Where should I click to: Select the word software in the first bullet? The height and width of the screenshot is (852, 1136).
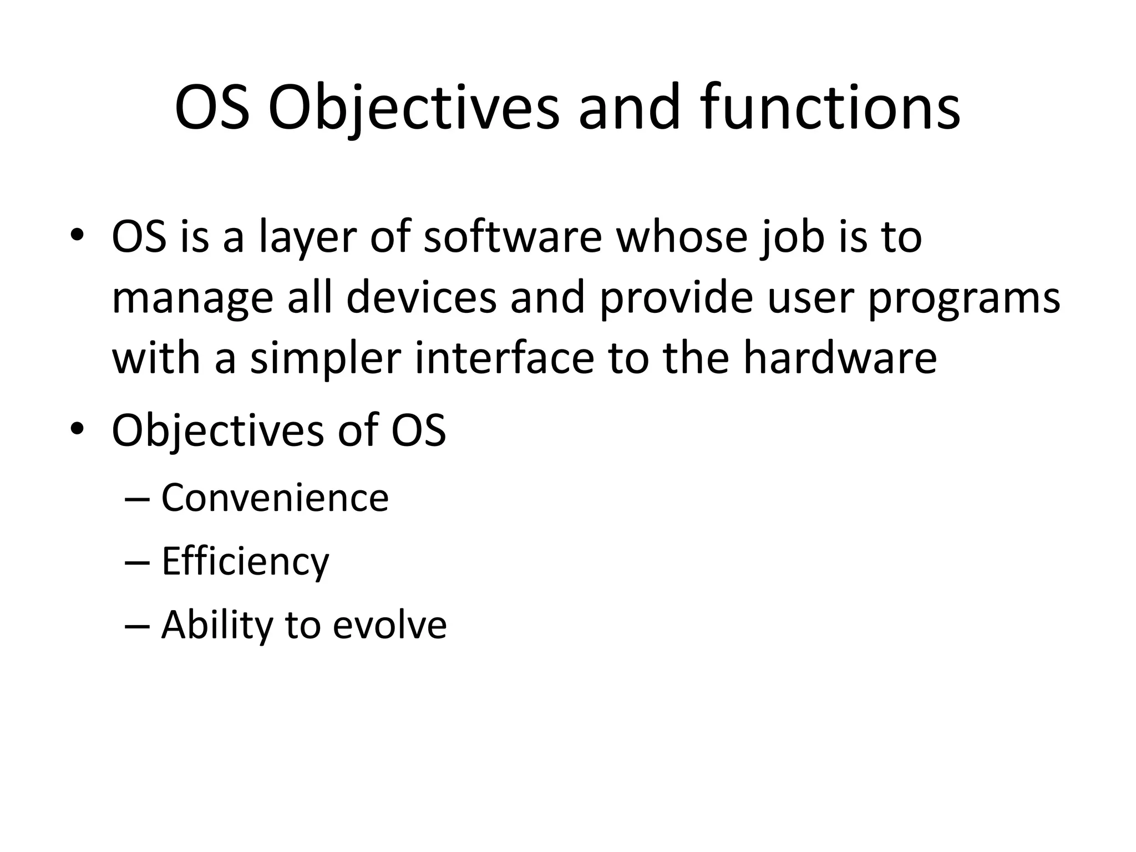[x=513, y=237]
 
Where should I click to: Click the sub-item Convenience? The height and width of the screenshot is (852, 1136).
[x=275, y=498]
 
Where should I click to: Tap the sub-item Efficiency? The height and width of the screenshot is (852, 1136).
[x=245, y=561]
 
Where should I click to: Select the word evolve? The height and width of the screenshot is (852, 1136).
[x=389, y=625]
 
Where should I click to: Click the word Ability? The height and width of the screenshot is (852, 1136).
[x=217, y=625]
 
